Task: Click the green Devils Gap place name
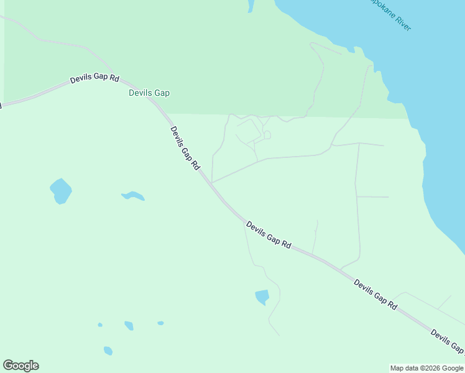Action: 149,93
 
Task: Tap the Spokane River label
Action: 390,14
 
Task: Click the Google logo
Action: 21,366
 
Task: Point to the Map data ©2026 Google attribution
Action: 427,368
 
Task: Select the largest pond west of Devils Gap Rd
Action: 60,191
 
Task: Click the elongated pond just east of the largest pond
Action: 133,196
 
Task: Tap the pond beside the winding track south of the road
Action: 262,297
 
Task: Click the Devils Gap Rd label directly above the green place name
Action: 94,79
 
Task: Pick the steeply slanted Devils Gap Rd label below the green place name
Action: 185,148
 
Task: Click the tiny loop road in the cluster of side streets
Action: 267,134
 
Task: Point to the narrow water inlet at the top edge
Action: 251,6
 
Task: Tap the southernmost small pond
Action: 108,351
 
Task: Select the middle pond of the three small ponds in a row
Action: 129,326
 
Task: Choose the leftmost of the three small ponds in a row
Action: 99,325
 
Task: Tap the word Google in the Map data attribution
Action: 452,368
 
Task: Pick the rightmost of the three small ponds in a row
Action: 160,323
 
